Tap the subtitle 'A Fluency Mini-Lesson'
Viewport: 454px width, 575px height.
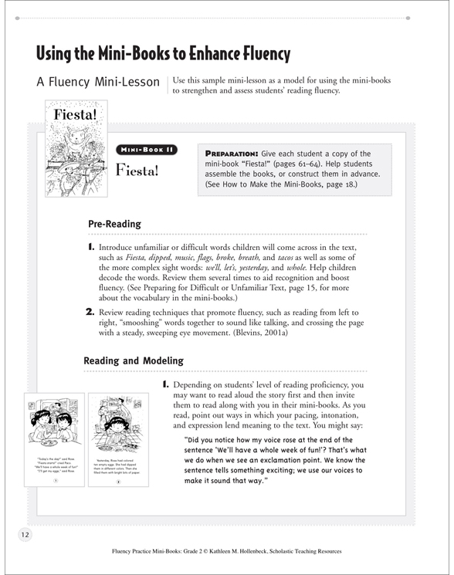click(x=98, y=83)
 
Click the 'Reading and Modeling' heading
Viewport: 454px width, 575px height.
click(x=133, y=360)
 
